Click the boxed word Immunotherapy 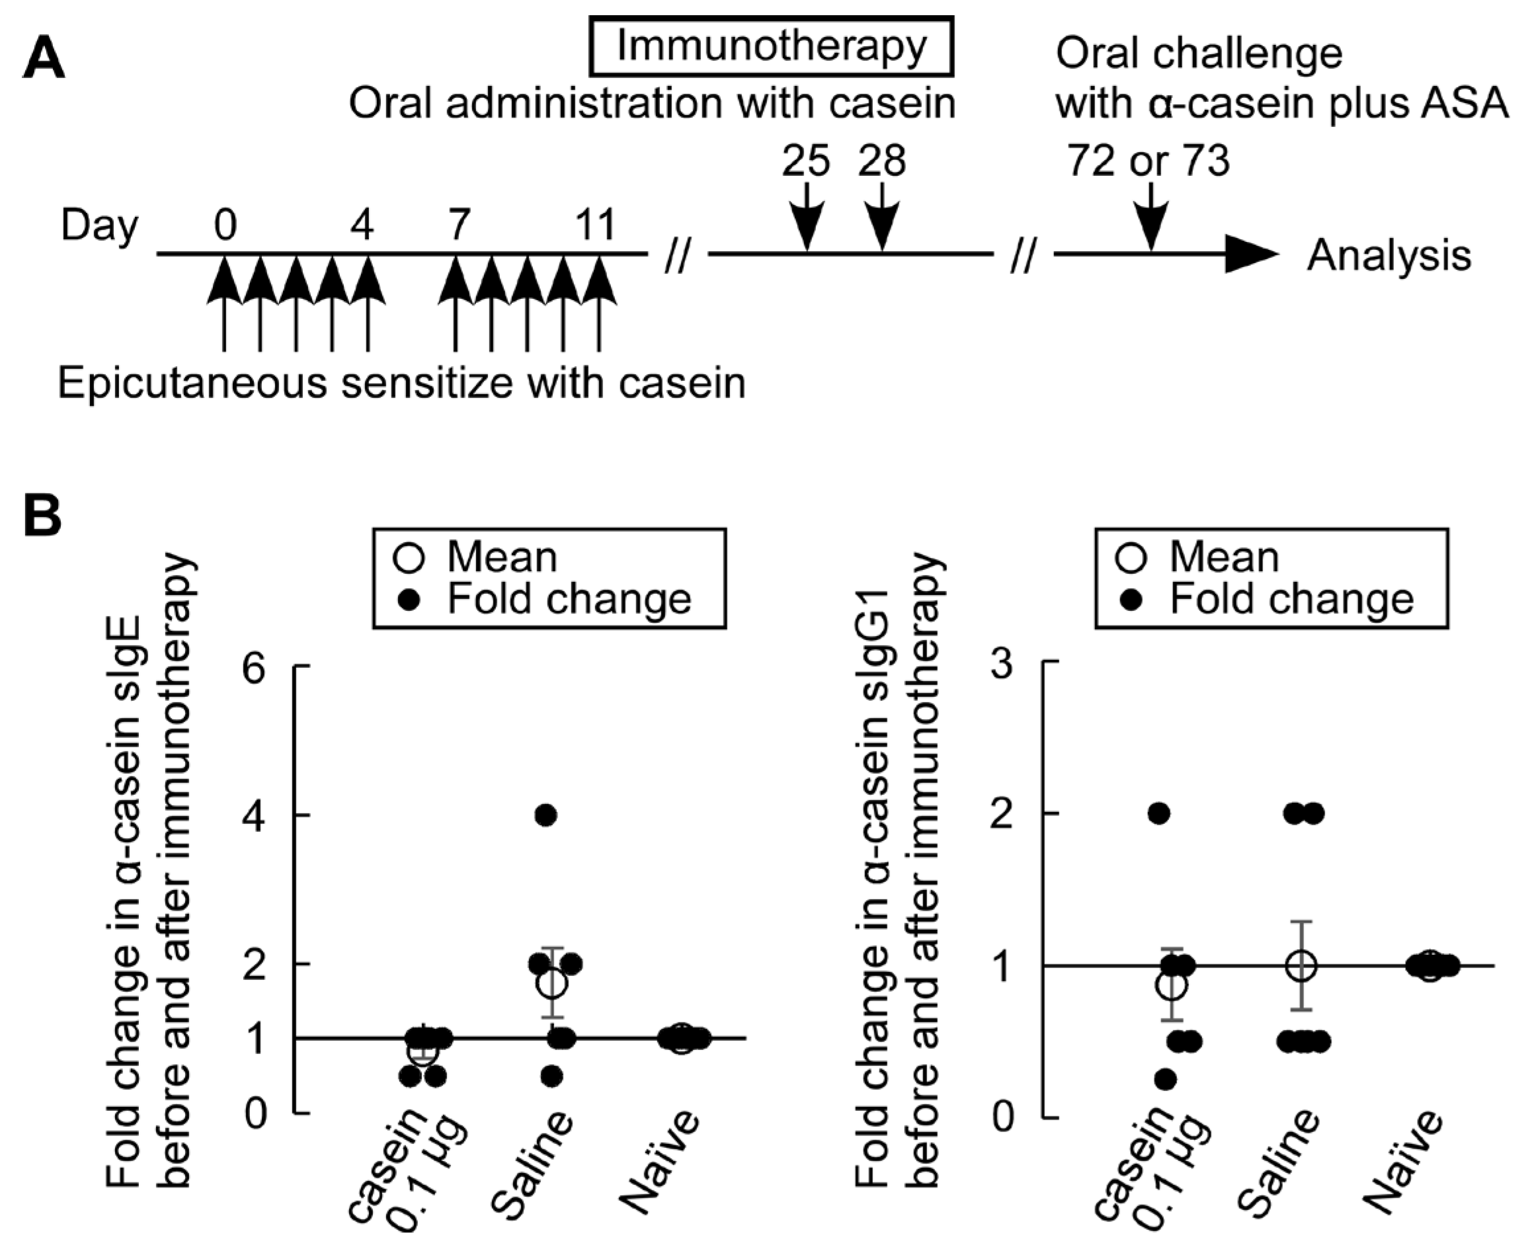(771, 46)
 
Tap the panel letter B (42, 516)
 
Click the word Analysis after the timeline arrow (1389, 255)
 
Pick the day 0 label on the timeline (225, 225)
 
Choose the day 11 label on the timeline (595, 225)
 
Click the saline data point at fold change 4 (546, 815)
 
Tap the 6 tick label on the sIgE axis (255, 667)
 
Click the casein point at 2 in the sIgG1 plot (1158, 814)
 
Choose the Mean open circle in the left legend (408, 557)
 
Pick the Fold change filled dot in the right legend (1131, 600)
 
